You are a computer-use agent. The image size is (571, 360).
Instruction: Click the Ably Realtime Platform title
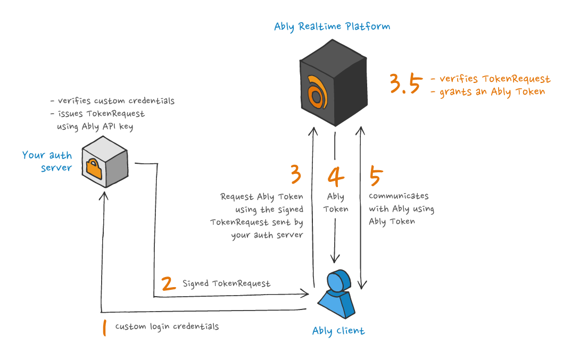(332, 27)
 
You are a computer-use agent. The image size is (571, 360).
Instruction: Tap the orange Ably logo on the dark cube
(316, 92)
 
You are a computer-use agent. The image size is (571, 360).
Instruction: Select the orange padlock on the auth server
(94, 169)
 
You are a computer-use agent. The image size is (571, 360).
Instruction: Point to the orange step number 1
(104, 327)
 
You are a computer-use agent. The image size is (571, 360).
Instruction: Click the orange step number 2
(169, 283)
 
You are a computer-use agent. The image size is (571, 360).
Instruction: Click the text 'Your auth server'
(47, 162)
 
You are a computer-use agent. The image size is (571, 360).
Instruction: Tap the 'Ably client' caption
(338, 331)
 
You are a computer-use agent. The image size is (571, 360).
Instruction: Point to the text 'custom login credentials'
(167, 326)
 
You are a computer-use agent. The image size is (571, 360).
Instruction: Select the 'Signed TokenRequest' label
(227, 283)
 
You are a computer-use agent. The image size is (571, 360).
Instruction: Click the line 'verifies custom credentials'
(112, 101)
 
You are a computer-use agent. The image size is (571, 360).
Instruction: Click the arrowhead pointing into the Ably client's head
(335, 259)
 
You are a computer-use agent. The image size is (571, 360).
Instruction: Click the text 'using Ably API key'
(96, 127)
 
